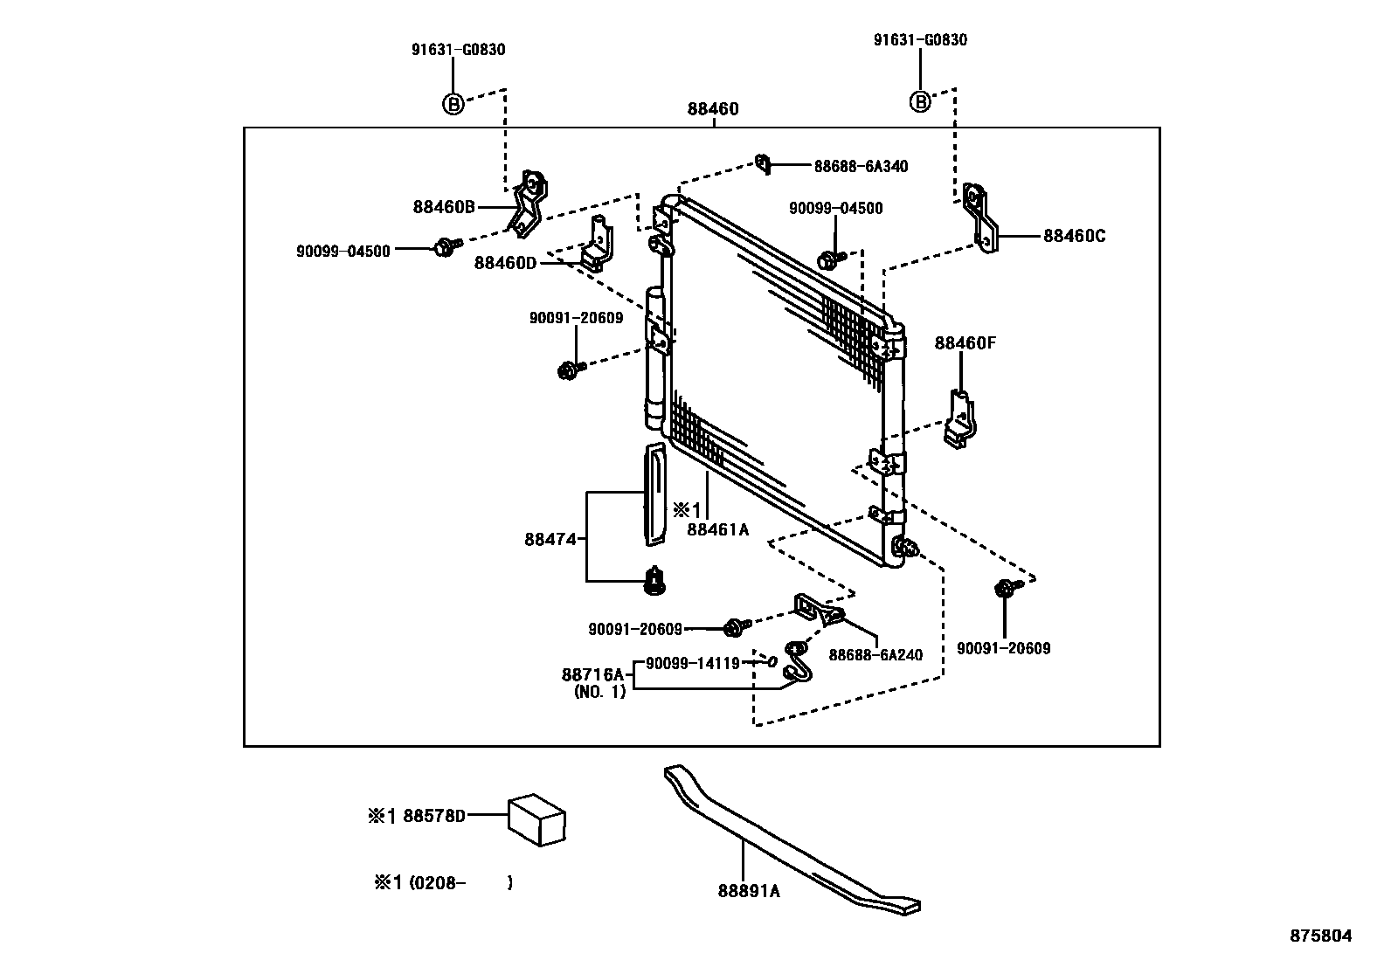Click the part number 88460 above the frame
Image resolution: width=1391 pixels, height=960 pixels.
tap(712, 109)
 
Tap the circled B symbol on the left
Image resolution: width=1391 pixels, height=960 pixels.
tap(452, 103)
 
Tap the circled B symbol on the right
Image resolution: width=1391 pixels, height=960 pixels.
tap(920, 101)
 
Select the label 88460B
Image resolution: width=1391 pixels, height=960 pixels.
tap(444, 207)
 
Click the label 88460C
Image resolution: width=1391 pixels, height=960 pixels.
tap(1074, 236)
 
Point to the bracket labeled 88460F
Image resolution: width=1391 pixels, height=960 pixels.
tap(960, 419)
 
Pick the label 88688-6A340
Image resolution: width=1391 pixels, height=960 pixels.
tap(861, 166)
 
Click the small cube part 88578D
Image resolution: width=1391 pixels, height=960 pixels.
tap(536, 819)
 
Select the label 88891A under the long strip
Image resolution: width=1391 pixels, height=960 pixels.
tap(749, 891)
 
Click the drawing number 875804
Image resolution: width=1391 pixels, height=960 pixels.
tap(1321, 936)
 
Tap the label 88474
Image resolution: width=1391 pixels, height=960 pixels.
tap(550, 539)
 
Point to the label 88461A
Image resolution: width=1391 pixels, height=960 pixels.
tap(717, 528)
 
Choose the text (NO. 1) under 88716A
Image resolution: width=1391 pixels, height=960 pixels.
tap(599, 692)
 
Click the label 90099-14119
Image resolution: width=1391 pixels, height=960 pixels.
tap(692, 663)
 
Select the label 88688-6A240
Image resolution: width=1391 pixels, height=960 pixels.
tap(875, 654)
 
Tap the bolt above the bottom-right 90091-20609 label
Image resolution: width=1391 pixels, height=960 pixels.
tap(1005, 589)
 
